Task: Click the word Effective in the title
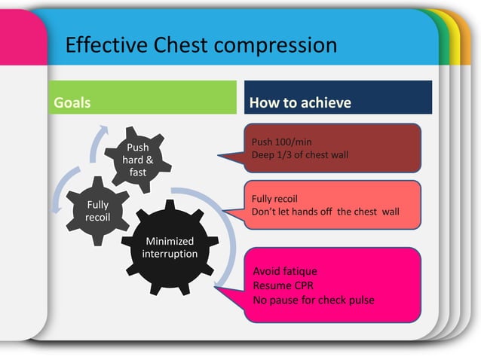point(100,45)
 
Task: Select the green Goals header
point(143,102)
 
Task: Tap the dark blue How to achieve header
point(338,102)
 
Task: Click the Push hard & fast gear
point(138,159)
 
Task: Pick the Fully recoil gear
point(97,211)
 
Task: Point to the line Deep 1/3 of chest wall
point(299,155)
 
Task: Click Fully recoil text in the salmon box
point(274,199)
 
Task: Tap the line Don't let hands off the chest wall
point(325,212)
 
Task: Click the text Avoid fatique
point(285,271)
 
